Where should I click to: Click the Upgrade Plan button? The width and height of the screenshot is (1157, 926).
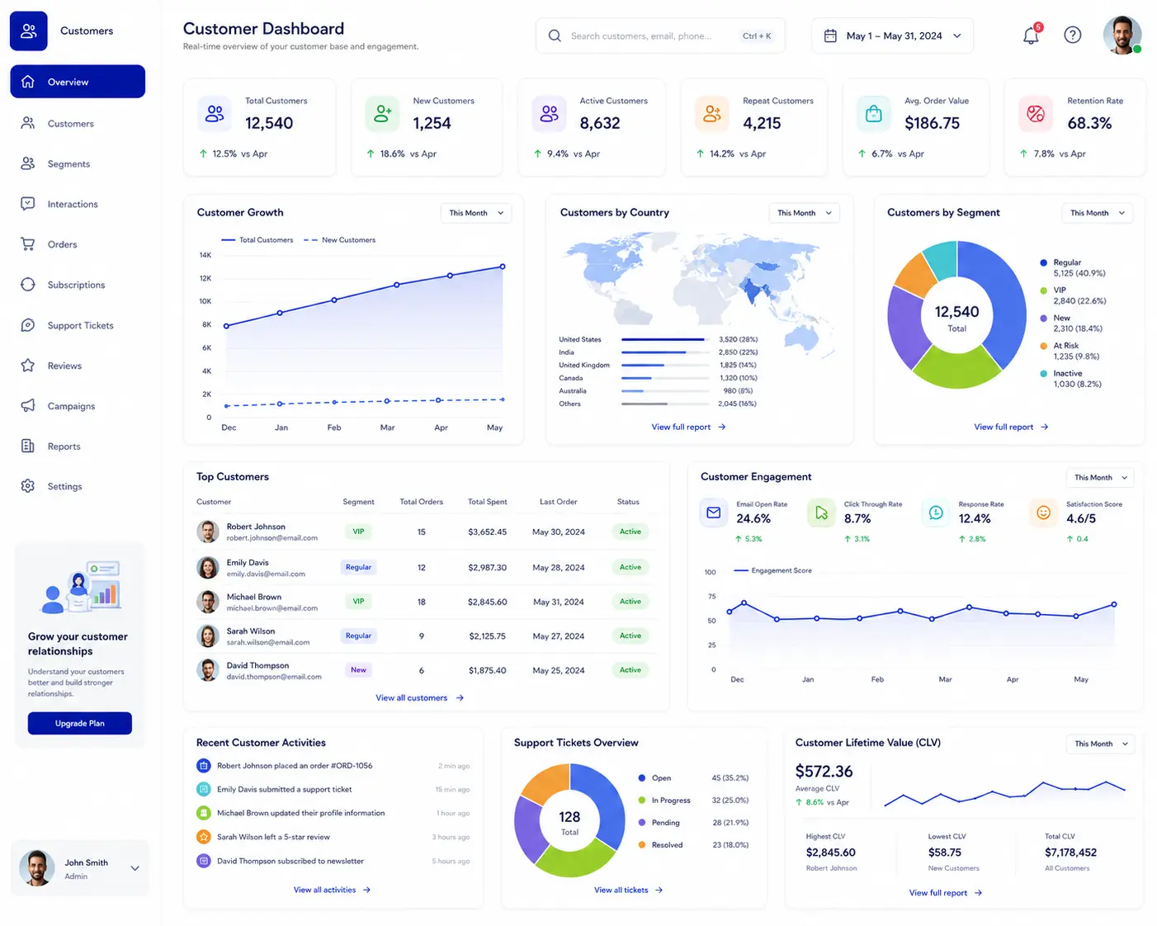[x=79, y=723]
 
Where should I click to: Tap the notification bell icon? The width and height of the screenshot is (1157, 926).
[x=1030, y=35]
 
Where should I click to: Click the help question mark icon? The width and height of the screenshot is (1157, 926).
[x=1072, y=35]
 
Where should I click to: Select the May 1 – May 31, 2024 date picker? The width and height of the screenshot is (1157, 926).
[x=892, y=35]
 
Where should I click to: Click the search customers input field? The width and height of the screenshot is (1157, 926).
[x=659, y=35]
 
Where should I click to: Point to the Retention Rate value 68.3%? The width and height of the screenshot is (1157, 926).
[x=1089, y=123]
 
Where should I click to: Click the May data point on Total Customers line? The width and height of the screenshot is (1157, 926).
[x=502, y=267]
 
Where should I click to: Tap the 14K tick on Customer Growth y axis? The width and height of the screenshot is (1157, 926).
[x=205, y=255]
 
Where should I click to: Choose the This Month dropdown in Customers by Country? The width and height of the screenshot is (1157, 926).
[x=804, y=213]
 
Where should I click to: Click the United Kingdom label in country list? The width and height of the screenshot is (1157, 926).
[x=584, y=365]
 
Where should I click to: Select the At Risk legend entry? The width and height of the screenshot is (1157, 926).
[x=1070, y=351]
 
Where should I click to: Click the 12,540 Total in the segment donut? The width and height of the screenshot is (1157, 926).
[x=956, y=318]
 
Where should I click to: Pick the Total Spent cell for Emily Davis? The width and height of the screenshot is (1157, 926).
[x=487, y=567]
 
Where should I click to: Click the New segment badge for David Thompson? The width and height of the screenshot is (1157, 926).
[x=358, y=669]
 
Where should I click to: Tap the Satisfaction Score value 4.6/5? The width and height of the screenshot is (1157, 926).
[x=1080, y=518]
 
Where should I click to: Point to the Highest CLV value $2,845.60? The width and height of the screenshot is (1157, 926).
[x=830, y=853]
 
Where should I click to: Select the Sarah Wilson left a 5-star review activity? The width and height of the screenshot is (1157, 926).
[x=273, y=837]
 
